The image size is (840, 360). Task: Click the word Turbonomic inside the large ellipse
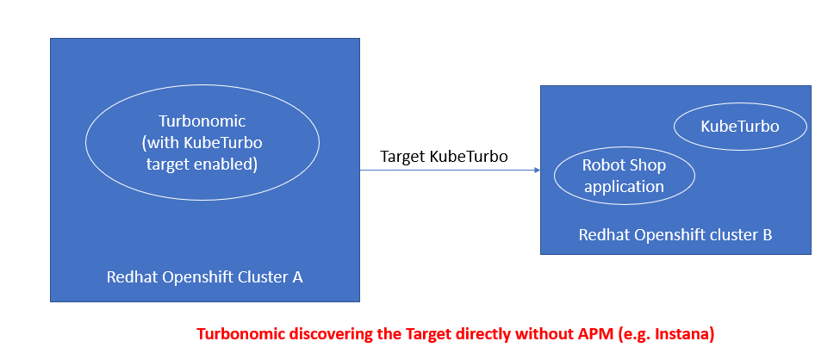point(202,121)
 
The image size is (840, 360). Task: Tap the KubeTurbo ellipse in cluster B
point(740,127)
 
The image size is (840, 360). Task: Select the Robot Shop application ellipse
point(624,176)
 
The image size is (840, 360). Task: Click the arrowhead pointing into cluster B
point(537,171)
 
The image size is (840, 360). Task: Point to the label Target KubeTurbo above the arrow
point(444,157)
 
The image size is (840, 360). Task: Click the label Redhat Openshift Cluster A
point(205,277)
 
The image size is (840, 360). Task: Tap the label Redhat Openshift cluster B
point(675,234)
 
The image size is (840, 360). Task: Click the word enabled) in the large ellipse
point(229,164)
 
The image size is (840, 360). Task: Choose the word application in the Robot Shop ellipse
point(624,187)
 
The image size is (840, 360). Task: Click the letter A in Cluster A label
point(298,277)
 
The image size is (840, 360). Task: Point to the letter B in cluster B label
point(767,234)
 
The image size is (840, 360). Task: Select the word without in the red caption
point(545,334)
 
